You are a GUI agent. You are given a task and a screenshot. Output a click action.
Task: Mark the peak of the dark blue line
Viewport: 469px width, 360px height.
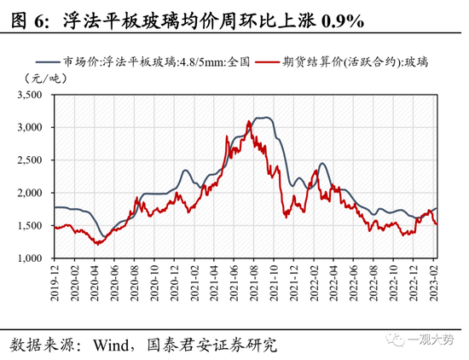pos(266,118)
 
